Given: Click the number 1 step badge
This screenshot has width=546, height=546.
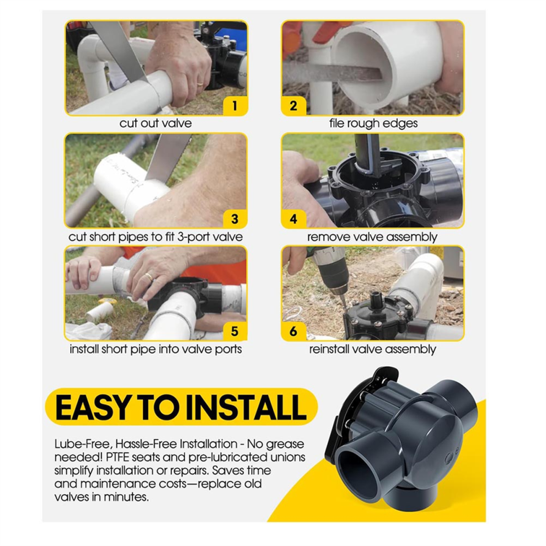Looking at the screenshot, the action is coord(235,105).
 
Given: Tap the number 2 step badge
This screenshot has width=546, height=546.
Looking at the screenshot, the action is coord(293,105).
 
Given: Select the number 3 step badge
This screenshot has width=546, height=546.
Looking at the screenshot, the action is coord(235,219).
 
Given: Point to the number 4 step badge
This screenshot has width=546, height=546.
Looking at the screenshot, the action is coord(293,219).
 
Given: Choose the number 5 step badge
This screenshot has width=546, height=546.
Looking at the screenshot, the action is coord(235,331).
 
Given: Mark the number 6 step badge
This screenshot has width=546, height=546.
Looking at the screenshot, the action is coord(293,331).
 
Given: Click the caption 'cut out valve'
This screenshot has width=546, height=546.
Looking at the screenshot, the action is coord(156,124).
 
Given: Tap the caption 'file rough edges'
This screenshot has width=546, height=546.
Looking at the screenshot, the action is coord(373,124).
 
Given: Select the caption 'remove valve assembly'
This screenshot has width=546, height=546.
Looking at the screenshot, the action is coord(372,237).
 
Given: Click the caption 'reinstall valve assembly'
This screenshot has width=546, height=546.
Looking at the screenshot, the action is coord(373,349).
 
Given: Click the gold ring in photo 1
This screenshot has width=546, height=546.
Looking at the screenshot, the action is coord(200,84).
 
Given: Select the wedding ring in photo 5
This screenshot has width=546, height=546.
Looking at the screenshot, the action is coord(149,277).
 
